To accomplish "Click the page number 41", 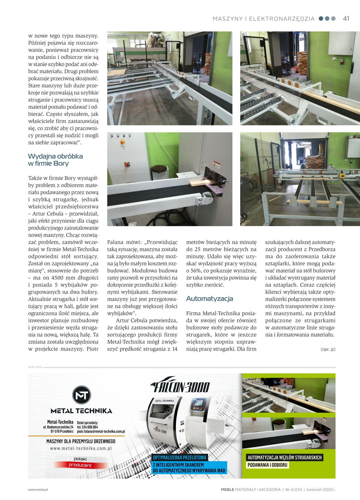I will [346, 18].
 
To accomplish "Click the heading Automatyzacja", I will [209, 299].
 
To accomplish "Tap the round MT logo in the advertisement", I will [81, 395].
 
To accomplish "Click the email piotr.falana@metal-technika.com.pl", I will [101, 431].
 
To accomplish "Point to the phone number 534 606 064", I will [90, 427].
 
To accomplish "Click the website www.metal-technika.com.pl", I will [81, 448].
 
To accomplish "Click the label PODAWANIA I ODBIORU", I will [268, 465].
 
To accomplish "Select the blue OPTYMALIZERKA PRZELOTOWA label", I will [180, 458].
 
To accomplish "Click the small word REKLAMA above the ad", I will [35, 367].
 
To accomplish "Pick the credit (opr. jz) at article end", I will [328, 349].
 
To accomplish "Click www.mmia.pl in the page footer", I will [38, 490].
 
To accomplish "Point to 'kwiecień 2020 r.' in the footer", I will [321, 490].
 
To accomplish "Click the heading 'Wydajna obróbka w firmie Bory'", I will [55, 160].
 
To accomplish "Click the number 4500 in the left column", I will [58, 278].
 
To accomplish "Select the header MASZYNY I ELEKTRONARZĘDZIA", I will [263, 19].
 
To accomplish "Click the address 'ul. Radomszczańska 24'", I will [58, 427].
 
